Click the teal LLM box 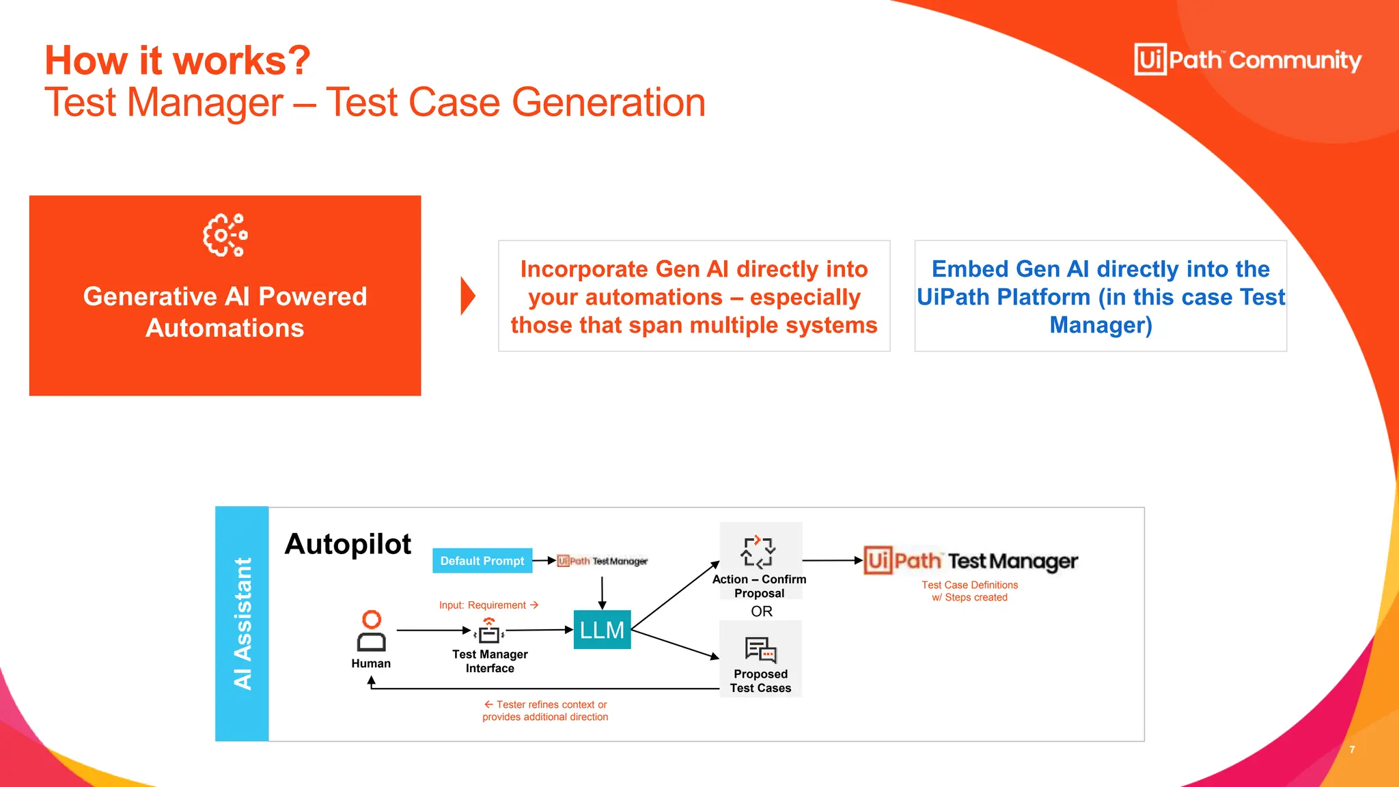[602, 629]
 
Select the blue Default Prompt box [482, 561]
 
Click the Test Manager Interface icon [489, 631]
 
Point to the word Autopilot [348, 544]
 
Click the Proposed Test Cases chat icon [760, 650]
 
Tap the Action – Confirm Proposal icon [758, 552]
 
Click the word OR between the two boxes [761, 611]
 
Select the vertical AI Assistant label [243, 623]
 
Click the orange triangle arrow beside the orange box [467, 296]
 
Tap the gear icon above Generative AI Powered [225, 236]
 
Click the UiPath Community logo [1247, 60]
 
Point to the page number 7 [1352, 749]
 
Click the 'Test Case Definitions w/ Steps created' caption [969, 591]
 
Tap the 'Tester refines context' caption [545, 710]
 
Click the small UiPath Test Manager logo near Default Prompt [602, 561]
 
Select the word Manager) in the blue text [1100, 325]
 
